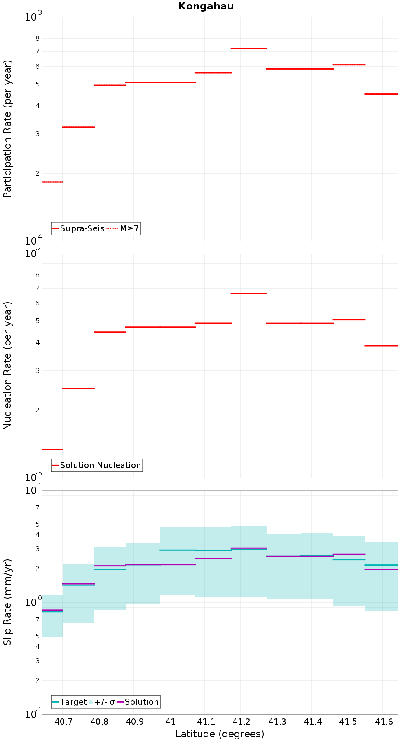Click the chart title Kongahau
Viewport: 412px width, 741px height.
coord(206,6)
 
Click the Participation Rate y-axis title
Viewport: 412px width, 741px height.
coord(8,129)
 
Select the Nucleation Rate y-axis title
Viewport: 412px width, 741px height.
coord(8,366)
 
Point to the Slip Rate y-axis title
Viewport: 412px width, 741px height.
coord(8,602)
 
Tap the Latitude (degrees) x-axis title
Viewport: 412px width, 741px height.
coord(220,734)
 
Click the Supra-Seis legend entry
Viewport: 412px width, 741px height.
coord(78,228)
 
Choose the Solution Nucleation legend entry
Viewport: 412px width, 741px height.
coord(97,465)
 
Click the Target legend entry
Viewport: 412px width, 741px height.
coord(70,702)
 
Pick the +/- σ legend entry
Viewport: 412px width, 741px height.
coord(102,702)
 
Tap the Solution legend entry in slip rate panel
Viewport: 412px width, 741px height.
coord(138,702)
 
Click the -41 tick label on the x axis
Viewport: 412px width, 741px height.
coord(169,721)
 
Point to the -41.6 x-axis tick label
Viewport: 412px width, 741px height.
coord(383,721)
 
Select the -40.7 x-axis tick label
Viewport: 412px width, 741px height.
coord(62,721)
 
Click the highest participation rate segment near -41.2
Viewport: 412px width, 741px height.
coord(249,49)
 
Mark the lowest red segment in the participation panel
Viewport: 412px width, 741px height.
coord(53,182)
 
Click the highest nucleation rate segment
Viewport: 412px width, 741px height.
coord(249,294)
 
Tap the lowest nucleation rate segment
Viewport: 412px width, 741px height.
coord(53,449)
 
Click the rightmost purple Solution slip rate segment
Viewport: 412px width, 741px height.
coord(381,569)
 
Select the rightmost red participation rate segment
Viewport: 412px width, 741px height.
coord(381,94)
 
